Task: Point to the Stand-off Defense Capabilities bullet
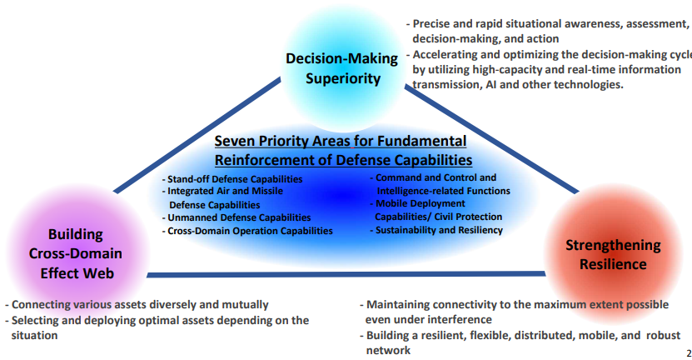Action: pyautogui.click(x=234, y=179)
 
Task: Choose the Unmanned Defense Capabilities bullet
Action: pyautogui.click(x=238, y=217)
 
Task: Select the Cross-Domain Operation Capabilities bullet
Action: pyautogui.click(x=249, y=231)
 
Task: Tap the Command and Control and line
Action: pyautogui.click(x=435, y=177)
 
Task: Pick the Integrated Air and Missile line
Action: pyautogui.click(x=224, y=192)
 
